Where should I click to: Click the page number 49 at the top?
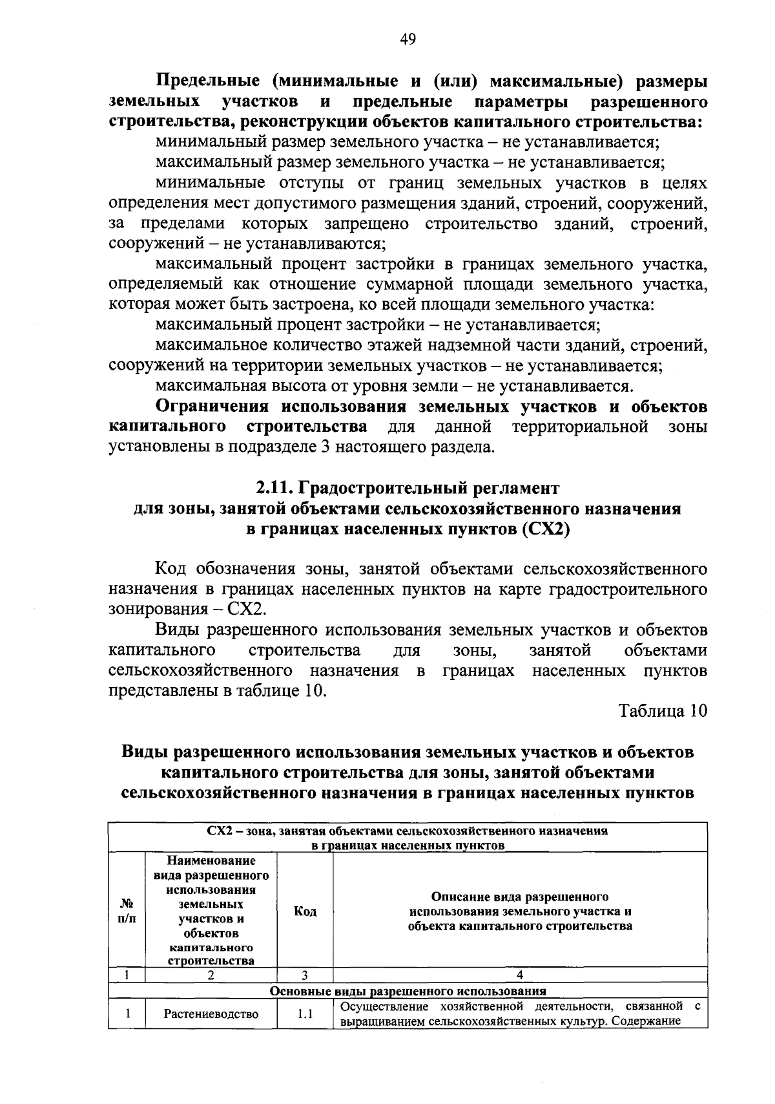point(408,40)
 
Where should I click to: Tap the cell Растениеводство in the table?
point(211,1014)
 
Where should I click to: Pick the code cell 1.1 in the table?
point(305,1014)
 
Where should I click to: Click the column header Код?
point(305,911)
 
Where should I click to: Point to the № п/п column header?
point(127,911)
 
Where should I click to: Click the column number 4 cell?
point(520,975)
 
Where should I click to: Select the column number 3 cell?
point(305,975)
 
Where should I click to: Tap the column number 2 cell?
point(211,975)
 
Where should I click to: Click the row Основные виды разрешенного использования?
point(408,990)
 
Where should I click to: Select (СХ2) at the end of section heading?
point(544,529)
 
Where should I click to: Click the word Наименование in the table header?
point(211,861)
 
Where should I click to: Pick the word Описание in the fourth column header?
point(461,897)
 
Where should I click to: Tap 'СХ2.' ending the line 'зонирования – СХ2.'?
point(243,610)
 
